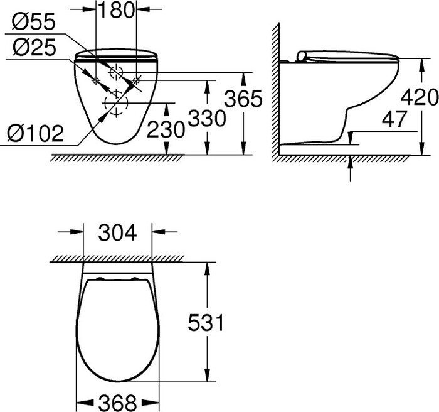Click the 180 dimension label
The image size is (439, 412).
coord(116,11)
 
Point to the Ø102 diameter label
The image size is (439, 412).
coord(36,133)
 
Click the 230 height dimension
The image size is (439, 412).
coord(166,129)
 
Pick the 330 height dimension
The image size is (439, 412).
coord(206,116)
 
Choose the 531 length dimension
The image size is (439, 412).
coord(204,323)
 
